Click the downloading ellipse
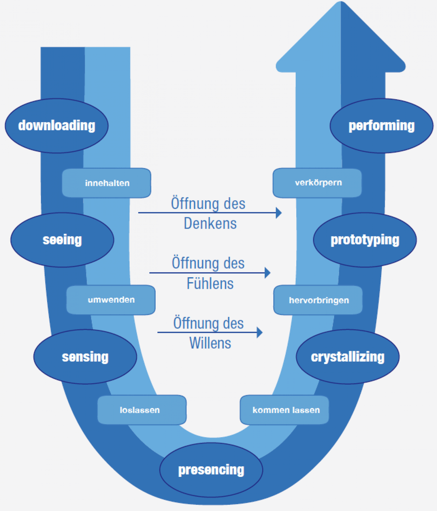tap(57, 126)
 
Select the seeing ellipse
tap(62, 240)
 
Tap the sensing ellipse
tap(85, 357)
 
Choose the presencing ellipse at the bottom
tap(211, 470)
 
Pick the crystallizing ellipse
tap(348, 357)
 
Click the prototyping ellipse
tap(365, 240)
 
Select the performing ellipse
tap(381, 126)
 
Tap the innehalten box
tap(107, 183)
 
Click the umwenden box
tap(111, 300)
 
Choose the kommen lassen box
tap(285, 410)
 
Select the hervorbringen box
tap(318, 300)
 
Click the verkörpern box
tap(317, 183)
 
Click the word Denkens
tap(210, 224)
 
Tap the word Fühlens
tap(210, 284)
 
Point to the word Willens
tap(210, 343)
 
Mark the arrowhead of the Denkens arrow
tap(279, 212)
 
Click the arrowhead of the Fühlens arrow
tap(268, 273)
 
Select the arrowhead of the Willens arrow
tap(260, 332)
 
